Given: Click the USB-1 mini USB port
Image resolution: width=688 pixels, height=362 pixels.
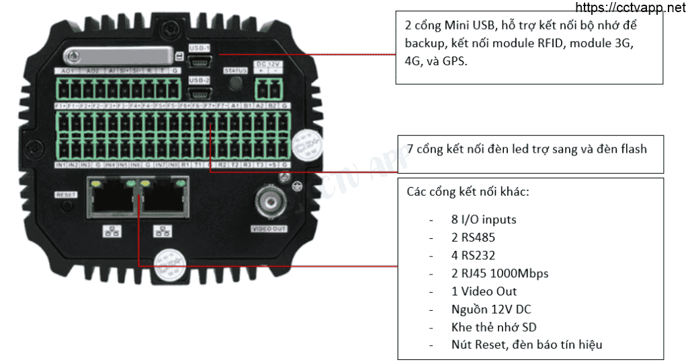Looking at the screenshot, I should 200,61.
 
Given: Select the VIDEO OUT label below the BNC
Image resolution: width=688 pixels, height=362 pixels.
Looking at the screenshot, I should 269,229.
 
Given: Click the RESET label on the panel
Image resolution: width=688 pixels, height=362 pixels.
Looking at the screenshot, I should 67,194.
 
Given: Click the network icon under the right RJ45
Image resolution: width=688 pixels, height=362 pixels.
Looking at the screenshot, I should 162,231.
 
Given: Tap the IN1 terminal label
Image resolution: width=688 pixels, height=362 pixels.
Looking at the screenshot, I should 60,164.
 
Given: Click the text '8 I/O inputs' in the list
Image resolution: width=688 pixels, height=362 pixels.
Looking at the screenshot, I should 484,219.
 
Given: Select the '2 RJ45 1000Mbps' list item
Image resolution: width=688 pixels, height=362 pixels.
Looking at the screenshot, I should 500,273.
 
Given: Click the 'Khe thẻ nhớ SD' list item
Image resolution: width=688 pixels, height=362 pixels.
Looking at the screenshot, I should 494,327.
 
